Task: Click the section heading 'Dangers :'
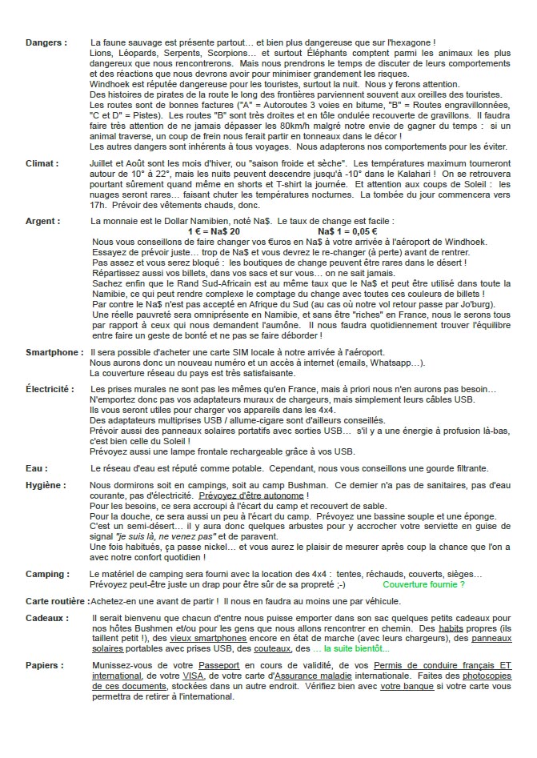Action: pos(46,42)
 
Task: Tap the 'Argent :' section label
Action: pos(43,220)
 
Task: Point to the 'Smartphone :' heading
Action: pos(54,352)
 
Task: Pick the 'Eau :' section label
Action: pos(37,468)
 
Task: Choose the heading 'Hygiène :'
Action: pos(45,486)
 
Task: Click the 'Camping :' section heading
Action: pos(46,575)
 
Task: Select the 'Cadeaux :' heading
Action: pos(47,618)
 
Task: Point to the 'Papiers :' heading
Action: pos(45,665)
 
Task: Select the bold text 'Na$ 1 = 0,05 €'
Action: pos(351,231)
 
